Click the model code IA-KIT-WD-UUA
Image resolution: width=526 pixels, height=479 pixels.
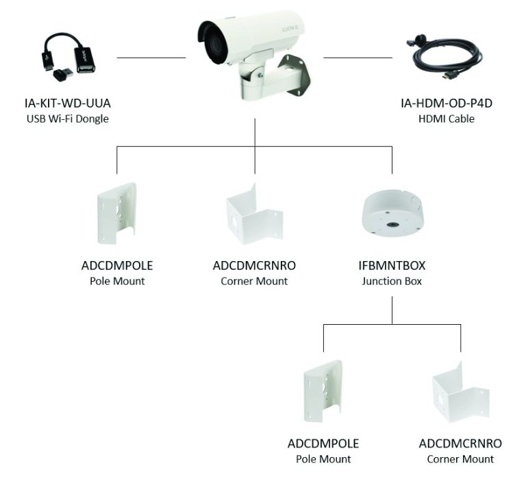67,104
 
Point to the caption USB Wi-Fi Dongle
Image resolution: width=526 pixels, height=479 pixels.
67,119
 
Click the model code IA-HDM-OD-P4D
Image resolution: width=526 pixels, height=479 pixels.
447,104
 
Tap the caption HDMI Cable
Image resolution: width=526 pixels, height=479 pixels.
447,119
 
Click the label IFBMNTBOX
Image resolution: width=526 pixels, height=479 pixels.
391,265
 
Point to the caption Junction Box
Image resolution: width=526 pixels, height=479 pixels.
391,281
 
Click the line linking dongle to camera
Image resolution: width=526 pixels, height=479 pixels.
151,58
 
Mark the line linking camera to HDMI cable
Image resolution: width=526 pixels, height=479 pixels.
358,58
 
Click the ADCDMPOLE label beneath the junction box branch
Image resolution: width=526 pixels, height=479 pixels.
323,443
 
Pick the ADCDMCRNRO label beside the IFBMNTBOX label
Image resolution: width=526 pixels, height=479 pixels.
255,265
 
